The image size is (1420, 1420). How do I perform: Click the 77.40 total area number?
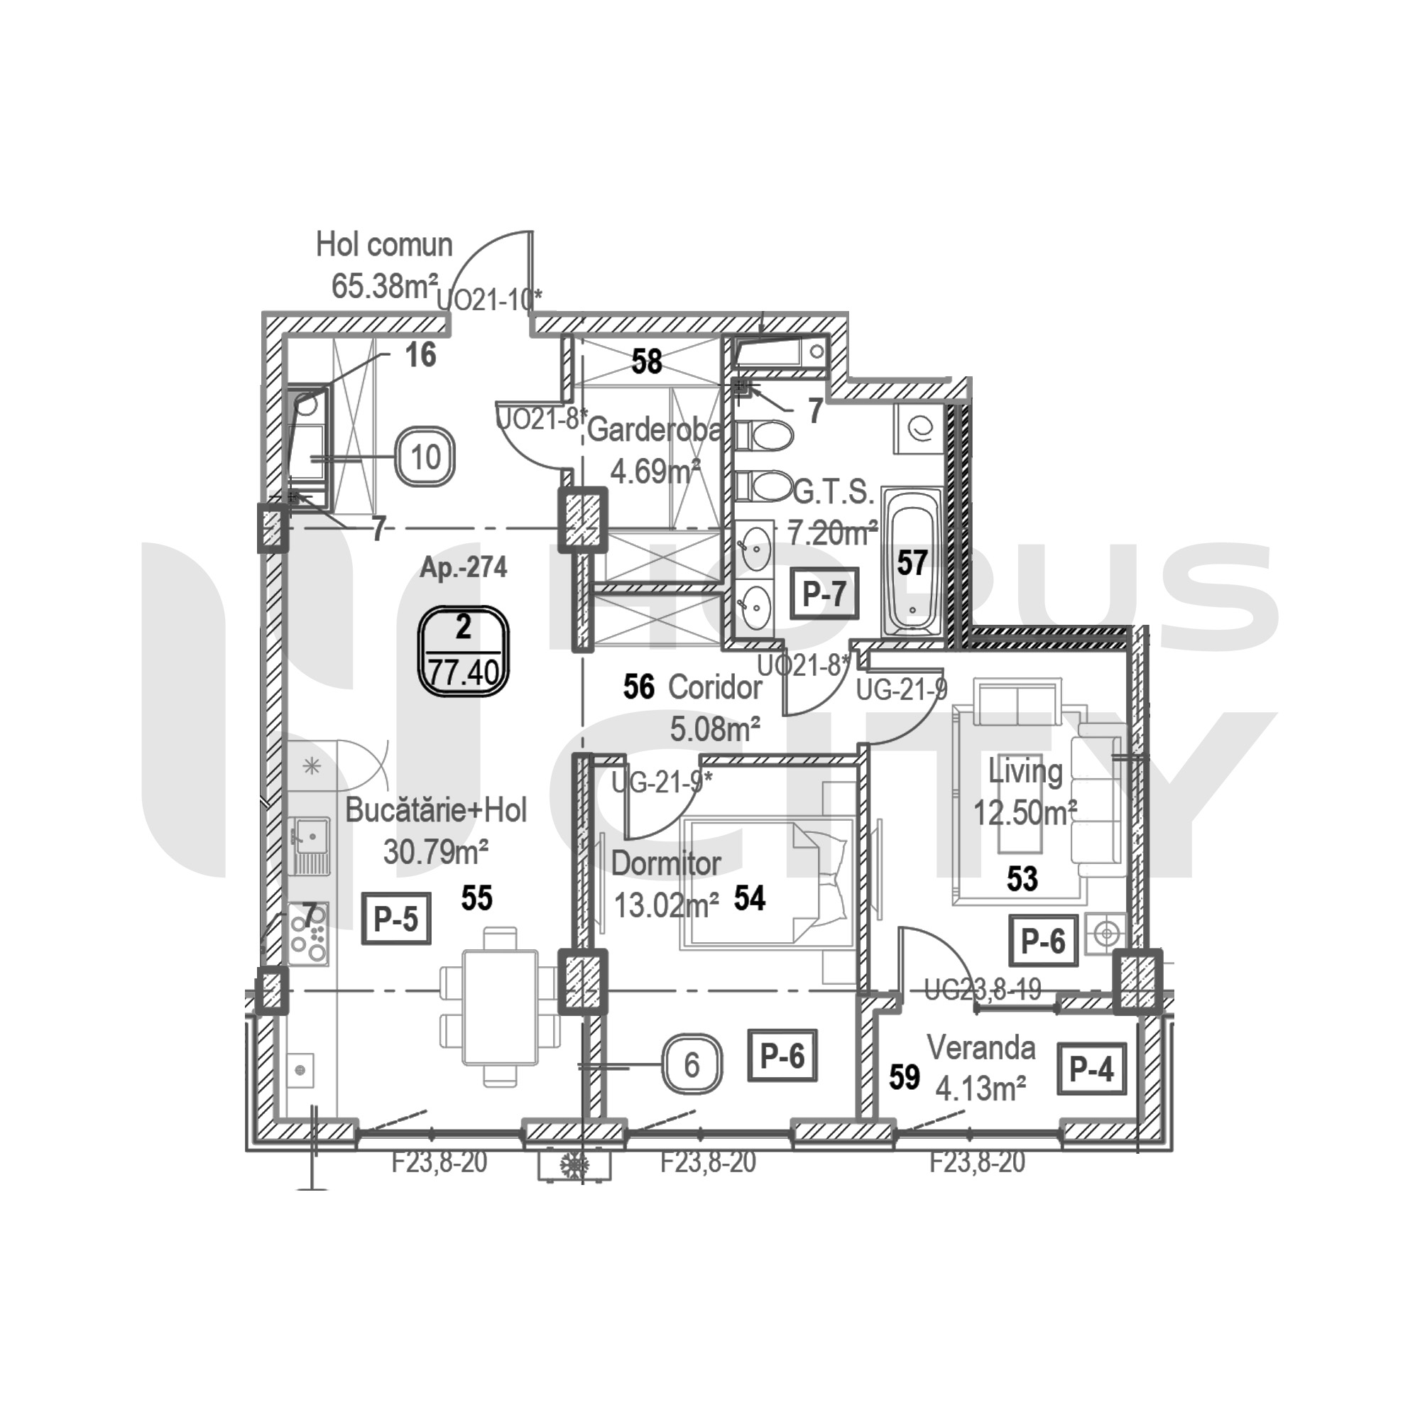pos(463,672)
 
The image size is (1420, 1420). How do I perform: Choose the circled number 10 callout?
pos(425,457)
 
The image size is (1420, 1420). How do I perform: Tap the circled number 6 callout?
pos(692,1065)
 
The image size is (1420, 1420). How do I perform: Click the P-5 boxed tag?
pos(396,919)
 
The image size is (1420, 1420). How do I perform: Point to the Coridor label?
pos(714,688)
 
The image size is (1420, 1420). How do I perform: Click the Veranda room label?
pos(981,1047)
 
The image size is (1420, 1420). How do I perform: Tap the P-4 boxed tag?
pos(1092,1070)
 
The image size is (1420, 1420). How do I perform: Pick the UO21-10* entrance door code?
pos(489,300)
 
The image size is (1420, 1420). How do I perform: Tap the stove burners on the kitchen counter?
pos(309,933)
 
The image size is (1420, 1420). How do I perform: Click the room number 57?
pos(912,563)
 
